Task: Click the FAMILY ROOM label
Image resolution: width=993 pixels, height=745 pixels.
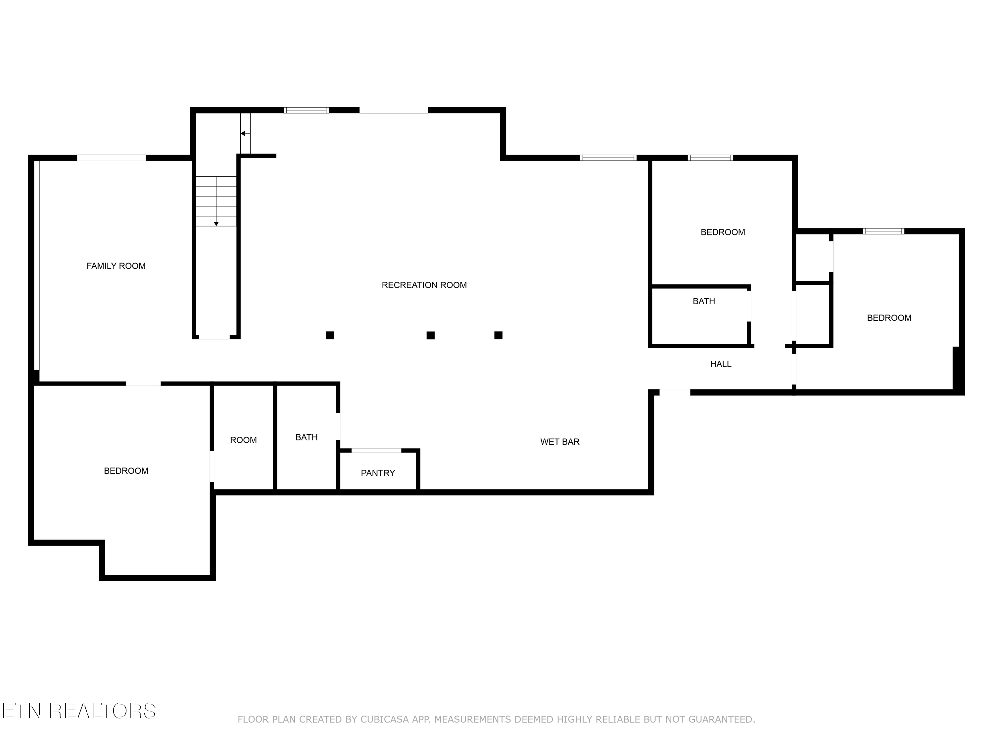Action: (x=116, y=266)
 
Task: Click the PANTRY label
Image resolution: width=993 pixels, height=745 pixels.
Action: (x=378, y=473)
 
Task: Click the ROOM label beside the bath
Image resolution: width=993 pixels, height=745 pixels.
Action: (x=243, y=440)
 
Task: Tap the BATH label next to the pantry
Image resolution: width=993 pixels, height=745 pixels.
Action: (x=306, y=437)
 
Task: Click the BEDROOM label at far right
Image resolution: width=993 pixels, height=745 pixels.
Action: (x=888, y=318)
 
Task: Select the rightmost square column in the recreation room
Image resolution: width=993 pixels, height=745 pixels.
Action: (x=498, y=335)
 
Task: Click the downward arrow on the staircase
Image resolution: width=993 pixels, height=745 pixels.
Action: (x=216, y=223)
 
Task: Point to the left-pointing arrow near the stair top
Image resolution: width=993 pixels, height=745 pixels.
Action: (x=242, y=133)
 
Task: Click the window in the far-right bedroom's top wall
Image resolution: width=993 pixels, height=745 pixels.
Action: (x=883, y=231)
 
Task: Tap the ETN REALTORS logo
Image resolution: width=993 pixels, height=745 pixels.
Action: (x=79, y=711)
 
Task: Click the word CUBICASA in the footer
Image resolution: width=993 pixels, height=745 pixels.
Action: (x=384, y=720)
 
